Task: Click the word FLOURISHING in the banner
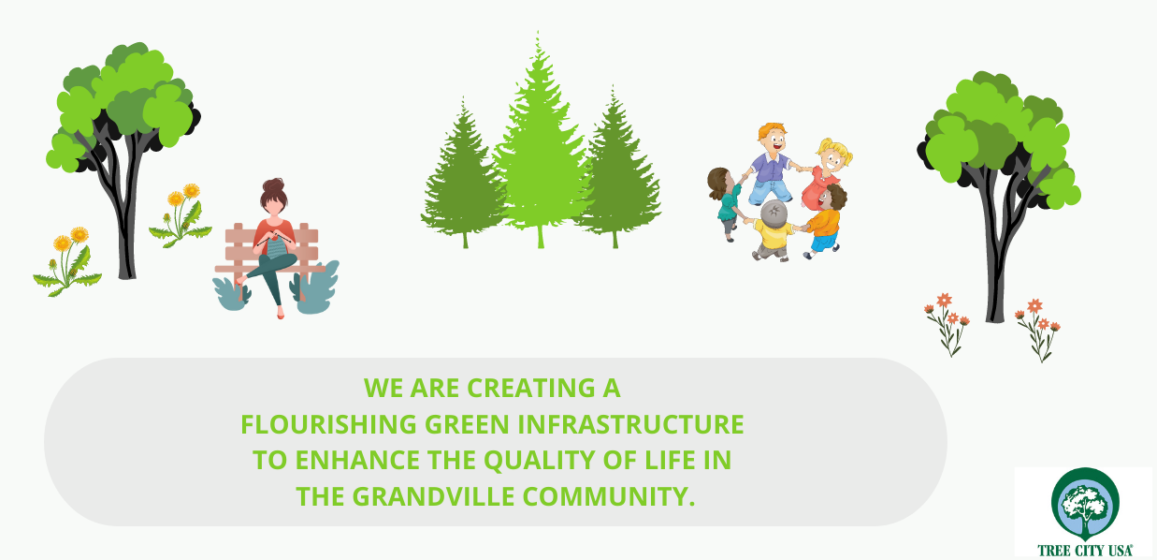point(328,424)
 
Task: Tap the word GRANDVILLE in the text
point(433,496)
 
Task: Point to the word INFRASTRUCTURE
point(630,424)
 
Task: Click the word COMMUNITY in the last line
point(609,496)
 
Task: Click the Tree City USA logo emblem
point(1085,503)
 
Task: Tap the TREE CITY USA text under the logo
point(1085,550)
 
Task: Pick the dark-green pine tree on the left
point(463,176)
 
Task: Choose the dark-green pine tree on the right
point(615,170)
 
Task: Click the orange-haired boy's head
point(773,139)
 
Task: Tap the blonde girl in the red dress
point(825,173)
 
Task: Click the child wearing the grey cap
point(773,231)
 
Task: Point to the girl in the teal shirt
point(727,202)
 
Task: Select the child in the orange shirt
point(825,221)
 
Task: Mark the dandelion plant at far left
point(67,261)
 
